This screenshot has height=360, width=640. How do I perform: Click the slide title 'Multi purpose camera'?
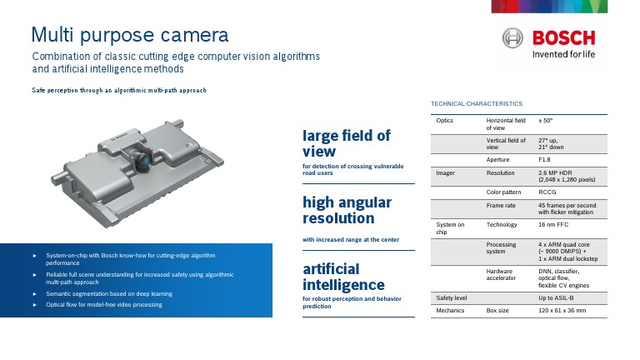click(129, 35)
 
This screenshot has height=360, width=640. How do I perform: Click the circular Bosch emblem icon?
click(512, 38)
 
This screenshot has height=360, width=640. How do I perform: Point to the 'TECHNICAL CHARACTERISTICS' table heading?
click(476, 103)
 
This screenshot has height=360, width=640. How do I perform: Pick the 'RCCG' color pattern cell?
click(547, 192)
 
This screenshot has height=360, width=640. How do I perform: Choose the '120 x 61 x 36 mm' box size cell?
click(562, 311)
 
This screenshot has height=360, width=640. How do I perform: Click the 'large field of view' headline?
click(346, 143)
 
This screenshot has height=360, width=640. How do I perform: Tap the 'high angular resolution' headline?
click(346, 210)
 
